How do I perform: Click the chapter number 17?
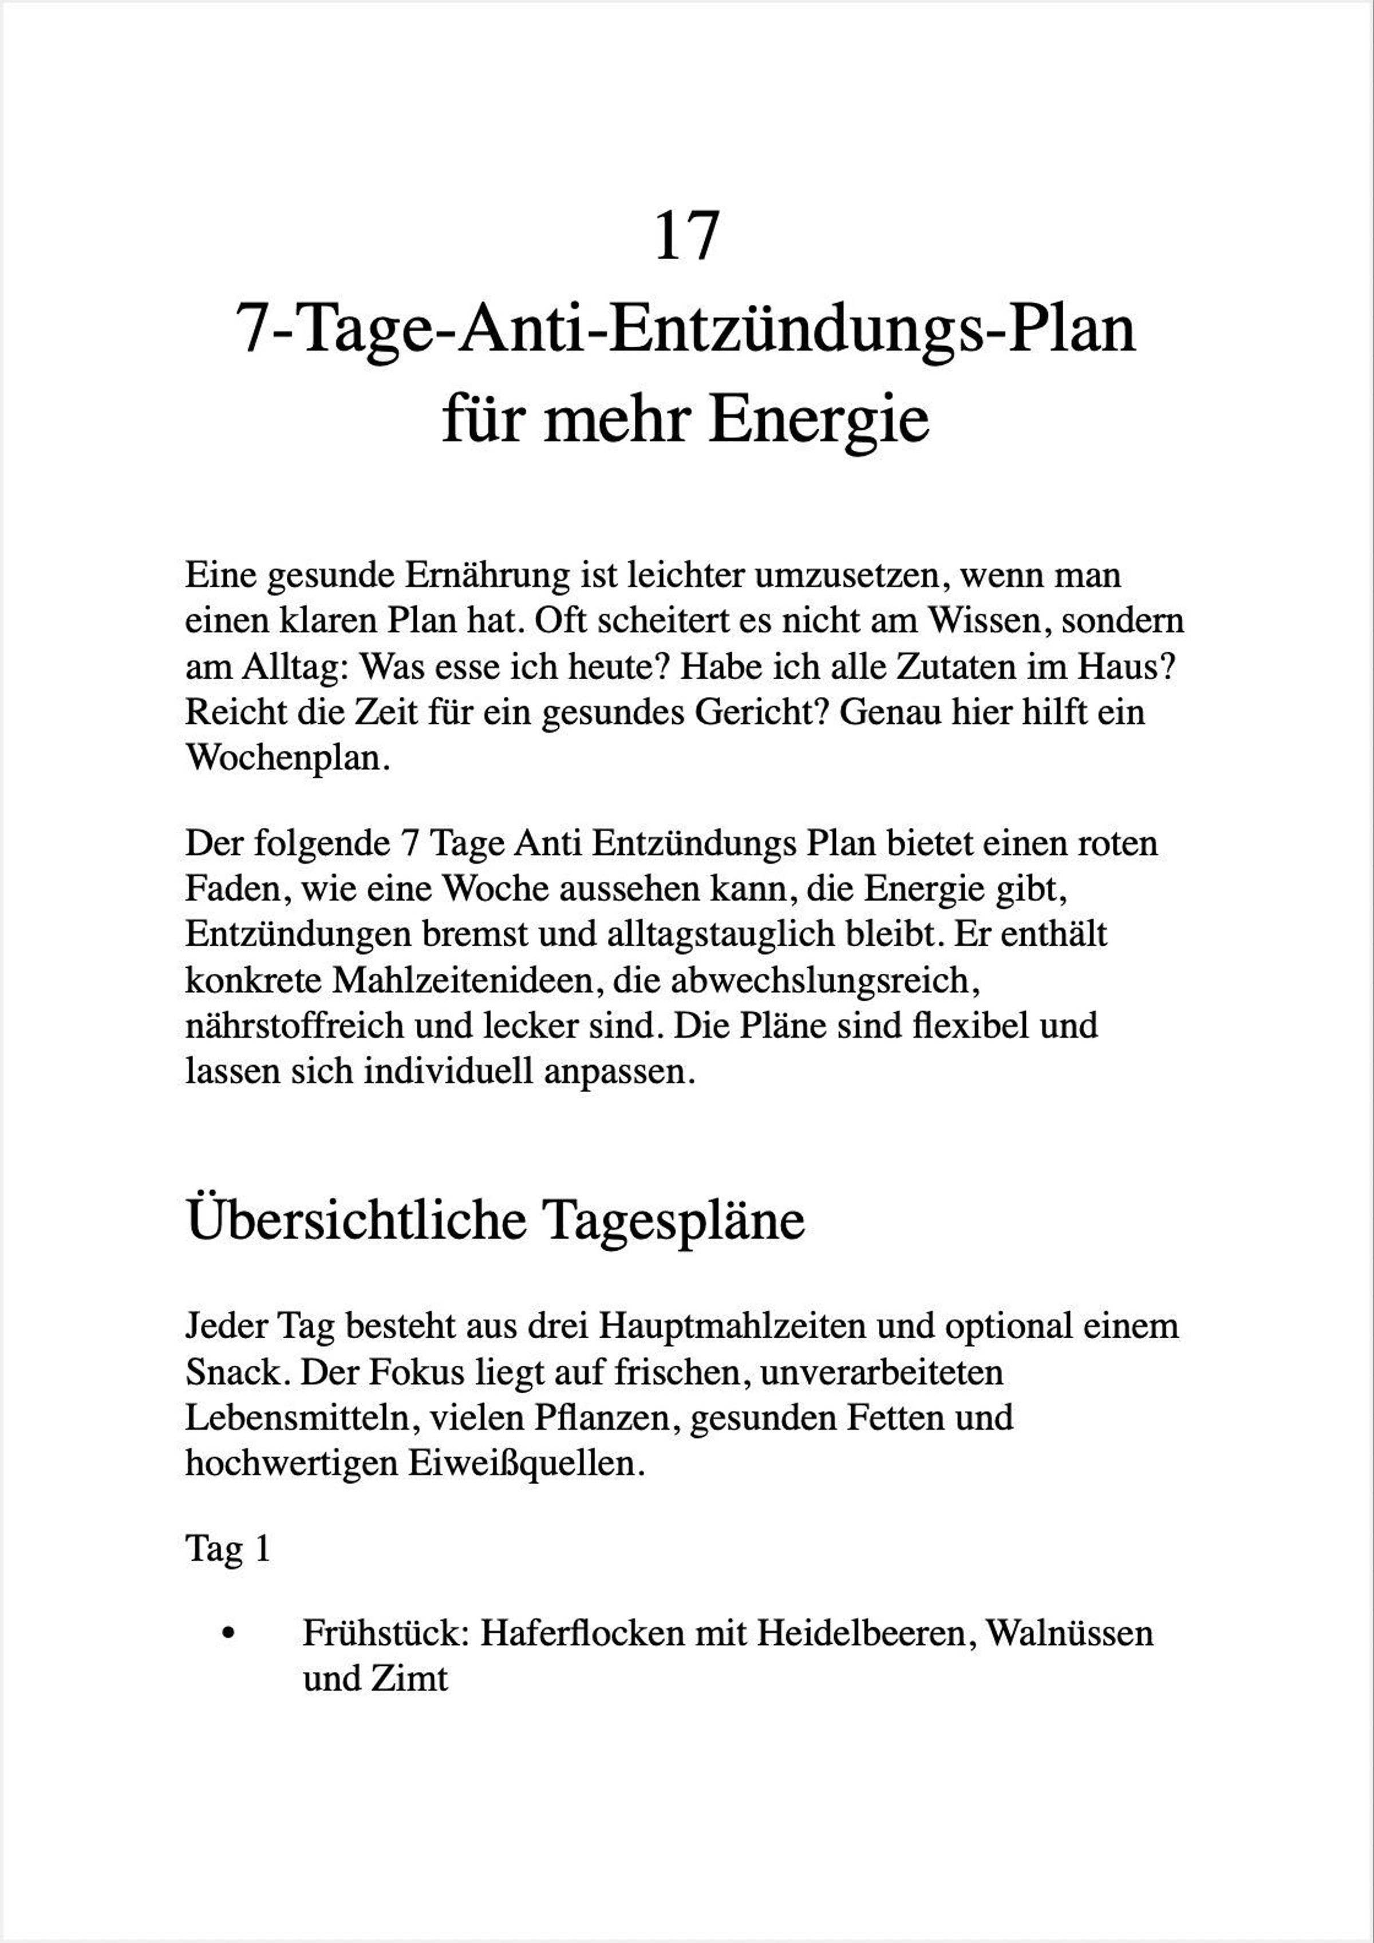point(686,237)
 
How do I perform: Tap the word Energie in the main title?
point(819,421)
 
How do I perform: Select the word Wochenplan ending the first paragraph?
point(287,758)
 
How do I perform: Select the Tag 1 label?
point(228,1549)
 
